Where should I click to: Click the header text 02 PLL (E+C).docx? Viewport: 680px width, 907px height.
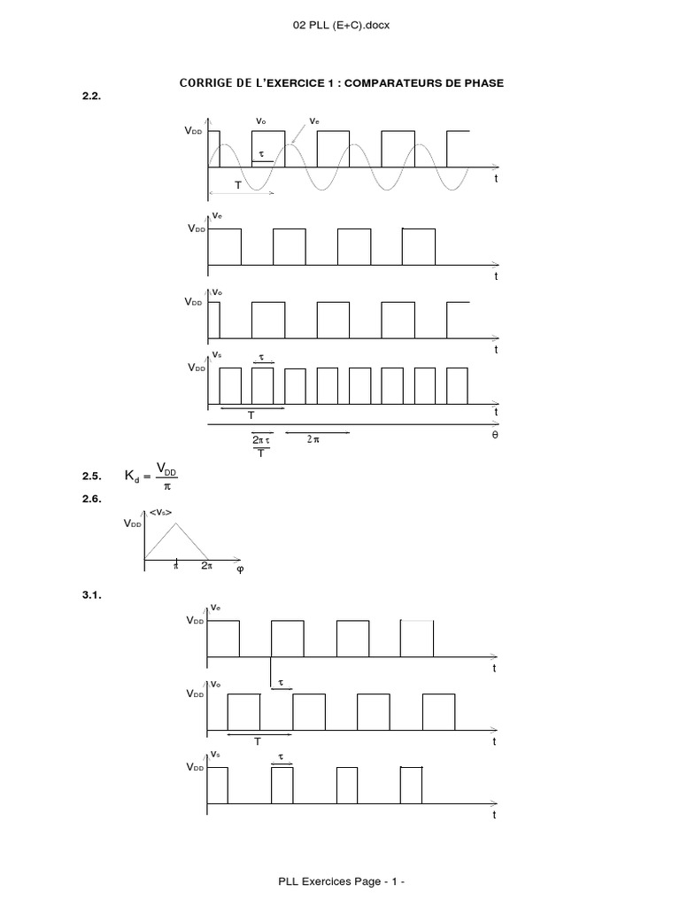pyautogui.click(x=341, y=25)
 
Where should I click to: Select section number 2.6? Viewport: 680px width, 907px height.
pyautogui.click(x=92, y=499)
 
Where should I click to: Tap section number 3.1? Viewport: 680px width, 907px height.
pyautogui.click(x=92, y=597)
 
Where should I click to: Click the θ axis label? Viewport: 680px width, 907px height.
pyautogui.click(x=495, y=437)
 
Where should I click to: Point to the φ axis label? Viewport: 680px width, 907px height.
pyautogui.click(x=239, y=570)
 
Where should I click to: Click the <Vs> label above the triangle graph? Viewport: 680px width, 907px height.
pyautogui.click(x=161, y=512)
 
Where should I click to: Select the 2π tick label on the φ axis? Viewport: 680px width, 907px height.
pyautogui.click(x=206, y=565)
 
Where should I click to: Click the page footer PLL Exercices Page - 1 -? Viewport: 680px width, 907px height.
pyautogui.click(x=341, y=882)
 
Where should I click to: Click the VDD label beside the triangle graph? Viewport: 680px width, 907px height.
pyautogui.click(x=132, y=523)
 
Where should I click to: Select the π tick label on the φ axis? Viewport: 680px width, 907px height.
pyautogui.click(x=176, y=565)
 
